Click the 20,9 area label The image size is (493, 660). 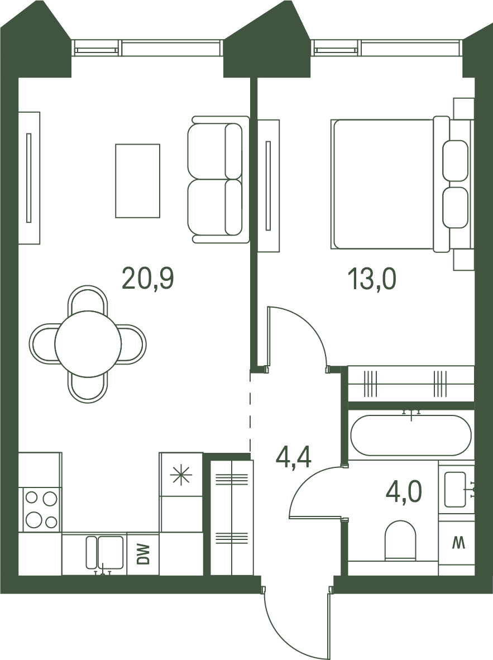[148, 279]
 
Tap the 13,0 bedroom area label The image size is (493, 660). [372, 279]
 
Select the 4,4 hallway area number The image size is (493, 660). [294, 457]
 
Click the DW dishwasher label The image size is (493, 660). [143, 554]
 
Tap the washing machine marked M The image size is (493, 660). [456, 543]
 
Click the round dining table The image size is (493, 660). [88, 343]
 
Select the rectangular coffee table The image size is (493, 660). [138, 181]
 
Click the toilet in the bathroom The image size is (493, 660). [400, 540]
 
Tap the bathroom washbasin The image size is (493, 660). [455, 489]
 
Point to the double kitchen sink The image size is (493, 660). [105, 552]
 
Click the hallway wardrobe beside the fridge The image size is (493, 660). [232, 518]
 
